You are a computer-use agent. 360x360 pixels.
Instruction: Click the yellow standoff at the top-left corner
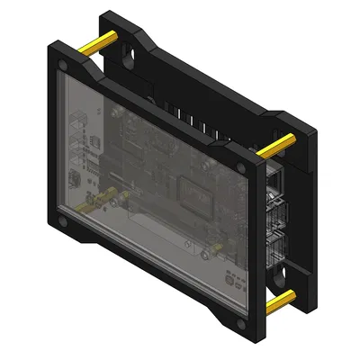coord(96,42)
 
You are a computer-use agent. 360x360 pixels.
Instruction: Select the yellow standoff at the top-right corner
coord(282,144)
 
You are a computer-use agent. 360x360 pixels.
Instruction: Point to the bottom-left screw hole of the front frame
coord(61,219)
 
